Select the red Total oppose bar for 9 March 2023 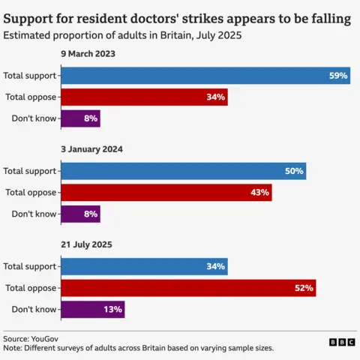[143, 97]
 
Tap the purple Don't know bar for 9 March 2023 [79, 118]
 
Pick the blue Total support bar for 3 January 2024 [183, 171]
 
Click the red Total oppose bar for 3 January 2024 [166, 193]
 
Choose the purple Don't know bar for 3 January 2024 [79, 214]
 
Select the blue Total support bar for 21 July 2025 [143, 266]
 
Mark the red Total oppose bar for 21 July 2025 [187, 288]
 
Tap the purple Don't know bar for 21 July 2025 [91, 309]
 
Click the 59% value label [337, 76]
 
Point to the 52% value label [304, 288]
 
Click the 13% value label [112, 309]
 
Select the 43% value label [259, 193]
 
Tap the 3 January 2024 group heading [92, 149]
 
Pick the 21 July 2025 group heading [88, 245]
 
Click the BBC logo [341, 342]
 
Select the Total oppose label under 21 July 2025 [30, 288]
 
